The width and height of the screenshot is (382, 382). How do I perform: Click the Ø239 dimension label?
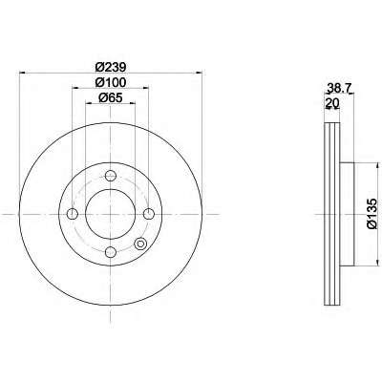pyautogui.click(x=111, y=67)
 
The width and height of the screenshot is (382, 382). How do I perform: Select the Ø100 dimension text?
pyautogui.click(x=111, y=82)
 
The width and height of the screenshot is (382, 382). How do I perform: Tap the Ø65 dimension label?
pyautogui.click(x=111, y=97)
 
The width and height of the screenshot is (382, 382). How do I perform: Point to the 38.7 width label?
pyautogui.click(x=337, y=88)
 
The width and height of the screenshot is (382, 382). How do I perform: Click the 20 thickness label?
pyautogui.click(x=331, y=103)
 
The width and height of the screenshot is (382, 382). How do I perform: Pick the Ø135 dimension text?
pyautogui.click(x=371, y=213)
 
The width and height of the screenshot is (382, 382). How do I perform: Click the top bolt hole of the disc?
pyautogui.click(x=111, y=176)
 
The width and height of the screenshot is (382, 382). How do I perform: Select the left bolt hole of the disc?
pyautogui.click(x=73, y=214)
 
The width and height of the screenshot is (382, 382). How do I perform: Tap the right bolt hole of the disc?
pyautogui.click(x=149, y=214)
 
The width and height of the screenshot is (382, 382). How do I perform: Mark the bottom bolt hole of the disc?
pyautogui.click(x=111, y=252)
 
